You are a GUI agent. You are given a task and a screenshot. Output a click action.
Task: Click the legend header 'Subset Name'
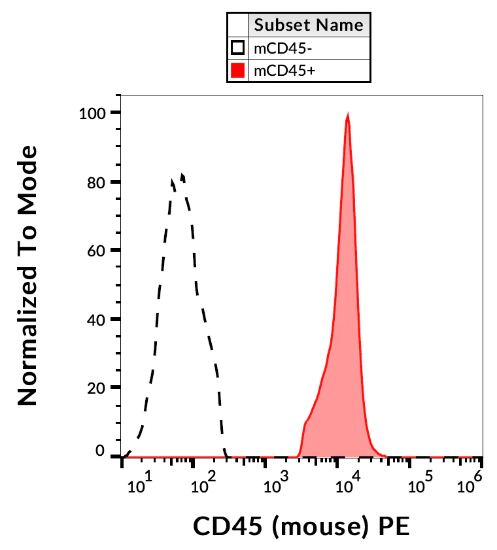tap(309, 26)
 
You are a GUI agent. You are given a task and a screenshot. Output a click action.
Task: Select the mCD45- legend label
tap(277, 48)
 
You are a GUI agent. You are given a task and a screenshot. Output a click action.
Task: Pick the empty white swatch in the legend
tap(238, 48)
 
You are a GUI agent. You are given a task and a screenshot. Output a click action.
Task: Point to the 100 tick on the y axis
tap(92, 112)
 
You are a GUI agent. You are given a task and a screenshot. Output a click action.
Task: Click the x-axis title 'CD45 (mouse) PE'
tap(301, 526)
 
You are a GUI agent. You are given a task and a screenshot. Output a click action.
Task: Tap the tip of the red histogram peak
tap(348, 115)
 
